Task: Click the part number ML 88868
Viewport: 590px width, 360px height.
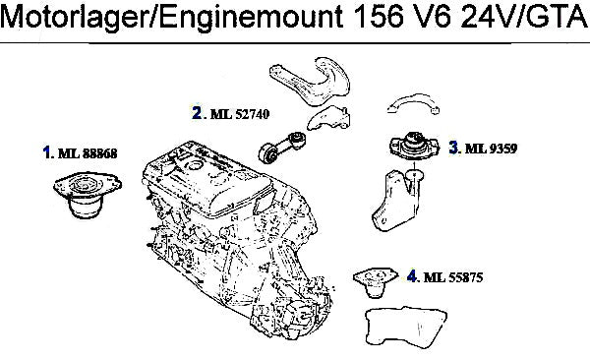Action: coord(88,153)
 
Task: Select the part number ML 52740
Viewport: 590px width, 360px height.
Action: coord(240,114)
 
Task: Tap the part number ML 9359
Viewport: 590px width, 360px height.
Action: coord(491,149)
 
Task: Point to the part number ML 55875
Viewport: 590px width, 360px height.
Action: coord(453,277)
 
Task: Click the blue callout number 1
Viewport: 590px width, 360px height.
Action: coord(46,152)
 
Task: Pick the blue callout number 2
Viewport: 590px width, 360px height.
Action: coord(197,112)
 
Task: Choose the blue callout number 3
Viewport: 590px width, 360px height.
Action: coord(454,148)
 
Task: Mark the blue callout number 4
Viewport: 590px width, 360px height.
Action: coord(412,276)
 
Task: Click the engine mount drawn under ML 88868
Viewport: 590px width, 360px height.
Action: coord(87,195)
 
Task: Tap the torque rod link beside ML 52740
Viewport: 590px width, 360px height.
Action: coord(281,147)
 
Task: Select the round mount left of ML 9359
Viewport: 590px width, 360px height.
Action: coord(414,146)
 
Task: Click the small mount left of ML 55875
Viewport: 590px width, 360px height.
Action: coord(376,282)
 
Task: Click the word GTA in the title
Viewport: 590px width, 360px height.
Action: coord(557,17)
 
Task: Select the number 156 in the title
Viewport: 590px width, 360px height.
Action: coord(377,17)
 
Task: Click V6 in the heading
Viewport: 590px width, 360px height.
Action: coord(428,17)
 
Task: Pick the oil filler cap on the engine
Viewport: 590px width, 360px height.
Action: coord(195,164)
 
